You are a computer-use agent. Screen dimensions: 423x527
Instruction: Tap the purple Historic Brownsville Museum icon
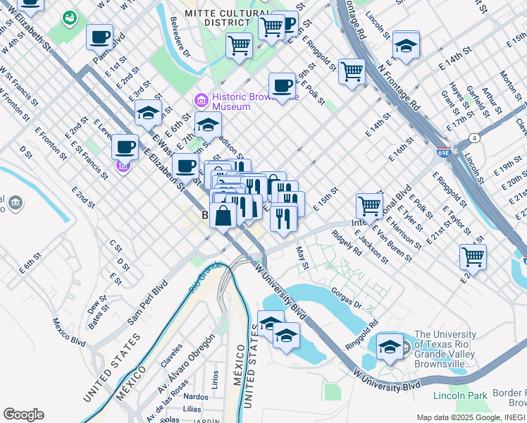click(x=201, y=102)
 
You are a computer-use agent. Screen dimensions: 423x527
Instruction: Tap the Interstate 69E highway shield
click(x=443, y=152)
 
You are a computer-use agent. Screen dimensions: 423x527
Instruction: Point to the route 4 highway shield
click(x=476, y=137)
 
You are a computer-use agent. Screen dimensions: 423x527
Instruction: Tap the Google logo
click(x=23, y=415)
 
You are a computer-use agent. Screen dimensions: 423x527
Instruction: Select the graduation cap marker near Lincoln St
click(x=406, y=44)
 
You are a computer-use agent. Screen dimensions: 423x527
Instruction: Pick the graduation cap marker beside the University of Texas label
click(x=390, y=346)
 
